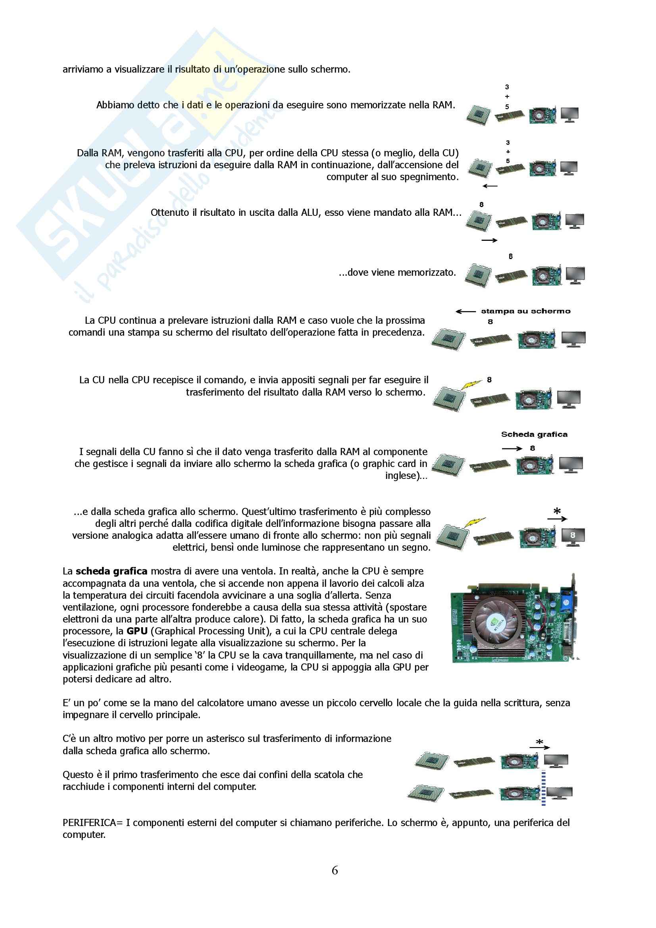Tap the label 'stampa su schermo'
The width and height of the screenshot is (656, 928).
click(x=525, y=311)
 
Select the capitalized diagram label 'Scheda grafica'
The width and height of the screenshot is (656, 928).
click(x=534, y=434)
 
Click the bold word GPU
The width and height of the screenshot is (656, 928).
click(x=137, y=631)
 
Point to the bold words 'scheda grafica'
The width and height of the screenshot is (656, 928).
click(x=111, y=571)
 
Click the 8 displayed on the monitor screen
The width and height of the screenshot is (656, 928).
click(x=572, y=535)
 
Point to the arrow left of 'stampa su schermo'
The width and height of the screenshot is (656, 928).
click(x=466, y=311)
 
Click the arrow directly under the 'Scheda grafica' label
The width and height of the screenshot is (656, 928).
click(x=512, y=449)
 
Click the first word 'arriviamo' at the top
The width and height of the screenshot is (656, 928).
click(x=83, y=69)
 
